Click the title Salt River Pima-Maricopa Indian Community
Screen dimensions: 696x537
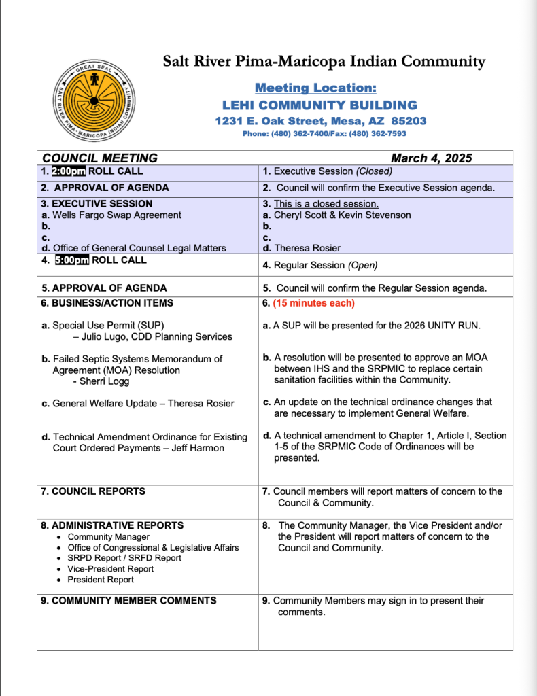[x=324, y=62]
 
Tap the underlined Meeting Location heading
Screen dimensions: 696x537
[x=315, y=88]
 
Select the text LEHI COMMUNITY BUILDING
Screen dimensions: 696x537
[x=319, y=105]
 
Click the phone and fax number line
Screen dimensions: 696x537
[x=324, y=134]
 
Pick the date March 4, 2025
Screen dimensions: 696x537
[x=431, y=158]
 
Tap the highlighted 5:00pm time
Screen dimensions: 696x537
[x=72, y=260]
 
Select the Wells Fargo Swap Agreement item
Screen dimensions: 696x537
[x=116, y=215]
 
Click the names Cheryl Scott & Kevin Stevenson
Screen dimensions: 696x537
[x=342, y=215]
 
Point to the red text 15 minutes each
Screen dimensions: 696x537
[x=313, y=303]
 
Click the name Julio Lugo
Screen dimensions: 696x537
[x=101, y=336]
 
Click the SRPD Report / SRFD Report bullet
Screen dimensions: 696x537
[x=124, y=558]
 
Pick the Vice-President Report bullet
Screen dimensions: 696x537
[x=110, y=569]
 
